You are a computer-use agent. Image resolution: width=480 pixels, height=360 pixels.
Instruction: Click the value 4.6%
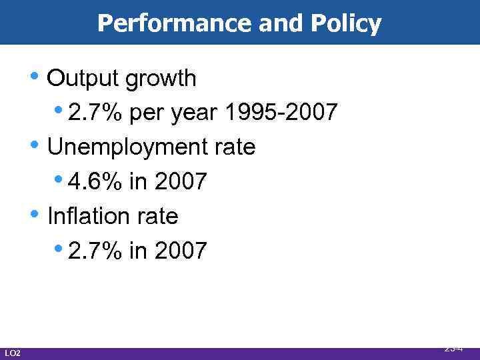coord(95,181)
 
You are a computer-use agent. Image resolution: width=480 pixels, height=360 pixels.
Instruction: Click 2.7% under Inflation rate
coord(95,251)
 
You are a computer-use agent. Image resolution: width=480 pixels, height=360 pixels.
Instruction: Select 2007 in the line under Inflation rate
coord(181,251)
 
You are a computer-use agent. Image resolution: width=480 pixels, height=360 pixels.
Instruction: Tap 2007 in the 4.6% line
coord(181,181)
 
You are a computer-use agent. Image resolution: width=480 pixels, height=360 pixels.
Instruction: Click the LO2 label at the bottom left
coord(12,353)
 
